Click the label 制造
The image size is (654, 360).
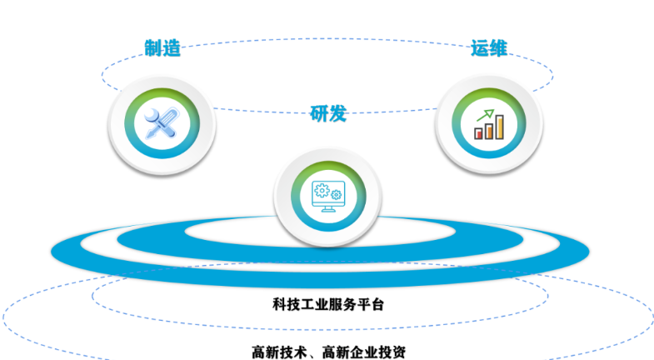coord(162,48)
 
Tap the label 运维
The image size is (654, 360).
coord(489,48)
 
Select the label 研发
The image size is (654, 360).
coord(328,113)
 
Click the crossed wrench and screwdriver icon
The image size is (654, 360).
coord(162,123)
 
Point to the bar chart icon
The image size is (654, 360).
coord(489,124)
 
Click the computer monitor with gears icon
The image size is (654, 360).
coord(328,196)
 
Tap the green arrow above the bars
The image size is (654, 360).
coord(486,115)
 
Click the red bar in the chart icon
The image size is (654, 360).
coord(478,133)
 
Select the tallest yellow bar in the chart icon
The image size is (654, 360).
coord(499,127)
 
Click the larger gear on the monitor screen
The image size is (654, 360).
coord(322,190)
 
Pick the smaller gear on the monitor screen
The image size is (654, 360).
coord(337,194)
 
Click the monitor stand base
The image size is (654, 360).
coord(328,210)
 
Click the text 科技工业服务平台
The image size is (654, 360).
coord(328,304)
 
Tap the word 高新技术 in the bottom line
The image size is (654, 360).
coord(279,352)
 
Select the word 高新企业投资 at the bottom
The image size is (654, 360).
coord(364,352)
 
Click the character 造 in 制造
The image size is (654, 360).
coord(172,48)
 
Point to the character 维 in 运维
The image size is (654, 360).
coord(498,48)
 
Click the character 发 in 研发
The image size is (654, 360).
coord(338,113)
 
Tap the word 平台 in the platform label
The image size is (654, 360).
coord(371,304)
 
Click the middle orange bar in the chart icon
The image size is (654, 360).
coord(489,131)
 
